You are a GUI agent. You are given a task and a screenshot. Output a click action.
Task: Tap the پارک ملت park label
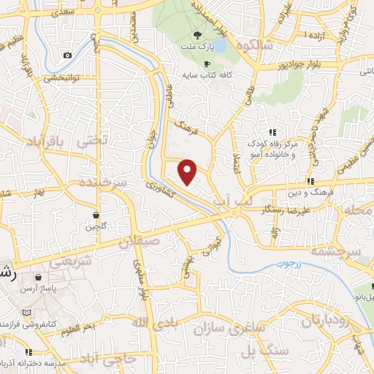197,47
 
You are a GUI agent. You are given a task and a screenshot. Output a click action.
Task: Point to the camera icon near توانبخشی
67,56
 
